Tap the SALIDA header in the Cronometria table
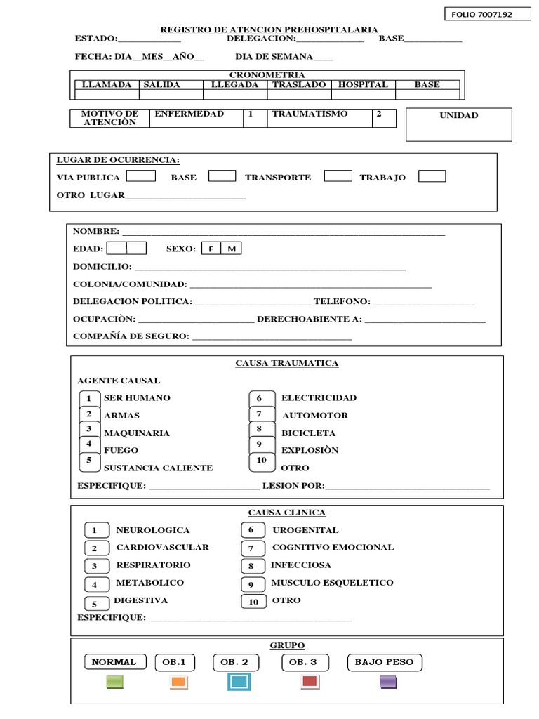pyautogui.click(x=161, y=85)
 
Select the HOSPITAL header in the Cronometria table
pyautogui.click(x=363, y=85)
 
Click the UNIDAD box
pyautogui.click(x=459, y=124)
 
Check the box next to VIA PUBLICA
pyautogui.click(x=140, y=176)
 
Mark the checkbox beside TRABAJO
pyautogui.click(x=432, y=176)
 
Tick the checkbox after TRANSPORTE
pyautogui.click(x=338, y=176)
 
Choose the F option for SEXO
pyautogui.click(x=211, y=249)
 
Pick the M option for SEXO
pyautogui.click(x=231, y=249)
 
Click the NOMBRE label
pyautogui.click(x=96, y=231)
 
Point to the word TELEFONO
pyautogui.click(x=342, y=301)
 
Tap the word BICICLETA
pyautogui.click(x=309, y=433)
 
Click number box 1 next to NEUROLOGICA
pyautogui.click(x=95, y=530)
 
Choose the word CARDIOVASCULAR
pyautogui.click(x=162, y=547)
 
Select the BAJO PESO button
pyautogui.click(x=384, y=662)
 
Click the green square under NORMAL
pyautogui.click(x=114, y=682)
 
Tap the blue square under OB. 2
pyautogui.click(x=238, y=682)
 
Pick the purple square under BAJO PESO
pyautogui.click(x=388, y=682)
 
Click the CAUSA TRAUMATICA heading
pyautogui.click(x=286, y=363)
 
